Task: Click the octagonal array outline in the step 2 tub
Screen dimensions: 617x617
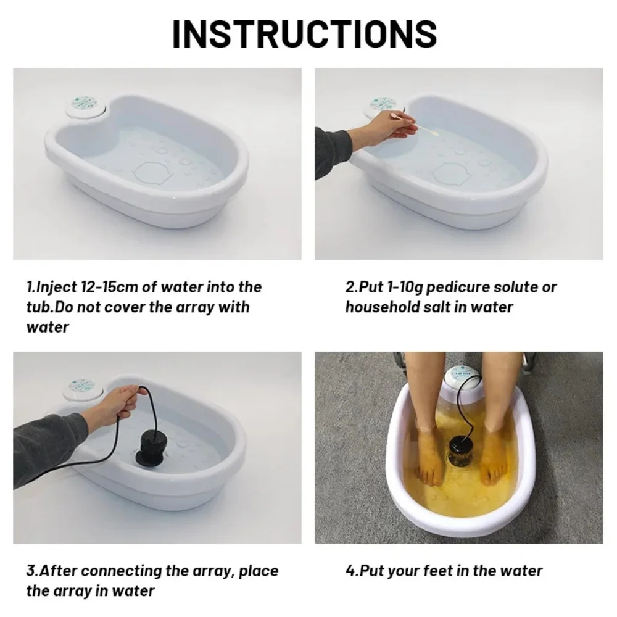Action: pos(452,173)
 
